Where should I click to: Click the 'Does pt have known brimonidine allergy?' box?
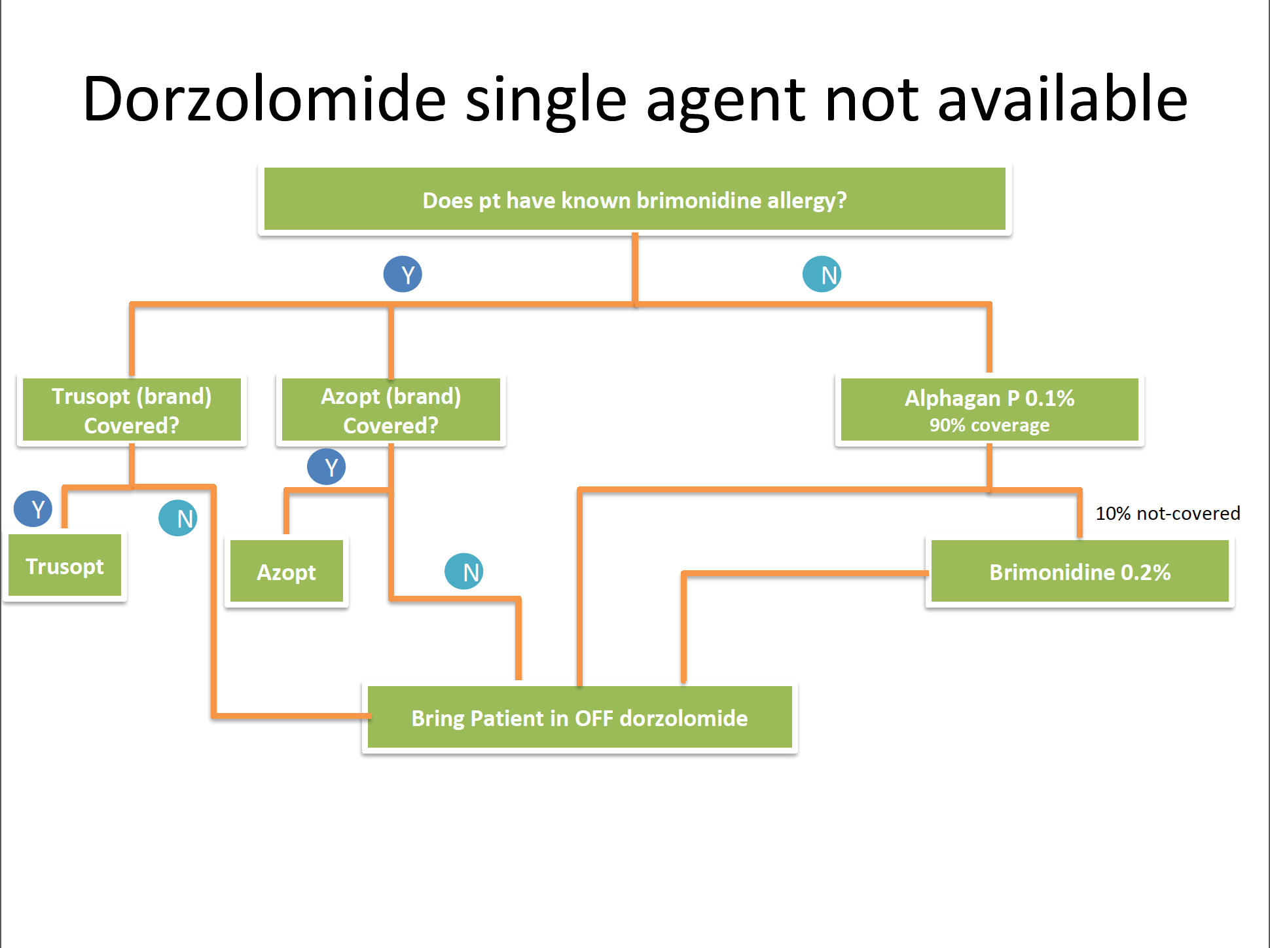[634, 200]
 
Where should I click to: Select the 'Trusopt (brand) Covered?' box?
[132, 410]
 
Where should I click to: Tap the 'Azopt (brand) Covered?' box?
[391, 410]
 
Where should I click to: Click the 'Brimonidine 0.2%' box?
[1079, 572]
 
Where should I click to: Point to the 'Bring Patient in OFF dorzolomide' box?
[579, 718]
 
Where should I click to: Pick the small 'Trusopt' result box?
[65, 566]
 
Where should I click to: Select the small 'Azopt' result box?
[286, 572]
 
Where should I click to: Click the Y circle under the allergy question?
[403, 274]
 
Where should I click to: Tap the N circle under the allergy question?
[822, 274]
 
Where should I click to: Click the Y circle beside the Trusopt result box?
[33, 509]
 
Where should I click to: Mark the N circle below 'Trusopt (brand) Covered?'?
[178, 518]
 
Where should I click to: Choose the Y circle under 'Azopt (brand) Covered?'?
[327, 467]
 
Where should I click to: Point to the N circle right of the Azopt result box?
[464, 572]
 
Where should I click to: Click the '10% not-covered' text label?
[1168, 513]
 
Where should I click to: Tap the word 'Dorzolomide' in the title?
[264, 100]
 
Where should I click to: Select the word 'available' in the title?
[1062, 100]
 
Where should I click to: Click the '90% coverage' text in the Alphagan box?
[989, 426]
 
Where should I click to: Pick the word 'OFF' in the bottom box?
[594, 718]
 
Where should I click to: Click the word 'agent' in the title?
[726, 100]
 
